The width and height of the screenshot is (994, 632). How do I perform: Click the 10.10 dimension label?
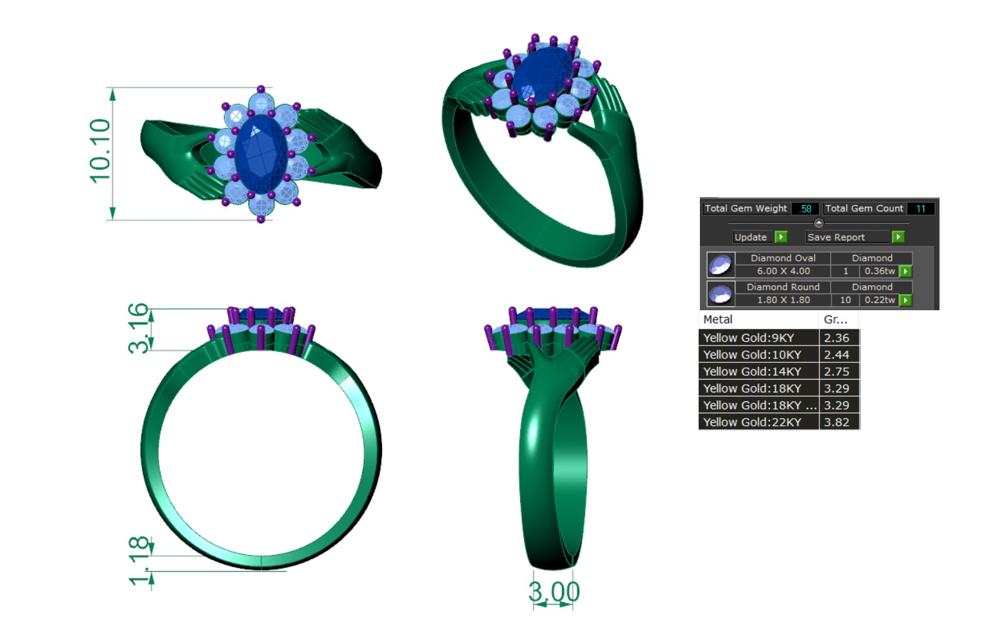(100, 152)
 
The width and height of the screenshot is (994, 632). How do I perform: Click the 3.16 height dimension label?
(139, 328)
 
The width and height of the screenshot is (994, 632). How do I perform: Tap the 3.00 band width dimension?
(554, 592)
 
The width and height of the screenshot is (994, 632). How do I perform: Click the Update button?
(751, 237)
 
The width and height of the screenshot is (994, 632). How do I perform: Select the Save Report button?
(836, 237)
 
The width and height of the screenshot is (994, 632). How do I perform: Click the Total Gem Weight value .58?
(805, 209)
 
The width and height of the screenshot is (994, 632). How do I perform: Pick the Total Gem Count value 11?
(920, 209)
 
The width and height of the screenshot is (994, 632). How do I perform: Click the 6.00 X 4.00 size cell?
(783, 271)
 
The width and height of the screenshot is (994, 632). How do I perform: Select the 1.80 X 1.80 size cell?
(783, 300)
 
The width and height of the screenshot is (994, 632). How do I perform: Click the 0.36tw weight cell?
(879, 271)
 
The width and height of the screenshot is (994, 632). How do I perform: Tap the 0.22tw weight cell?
(879, 300)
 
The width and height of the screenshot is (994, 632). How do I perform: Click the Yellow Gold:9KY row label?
(749, 338)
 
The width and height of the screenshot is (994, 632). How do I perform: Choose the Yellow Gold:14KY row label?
(752, 371)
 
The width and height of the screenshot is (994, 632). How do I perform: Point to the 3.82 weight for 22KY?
(837, 422)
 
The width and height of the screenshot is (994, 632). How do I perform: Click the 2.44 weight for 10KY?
(837, 355)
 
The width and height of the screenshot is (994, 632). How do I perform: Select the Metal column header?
(718, 319)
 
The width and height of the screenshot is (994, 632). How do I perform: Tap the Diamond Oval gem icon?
(720, 265)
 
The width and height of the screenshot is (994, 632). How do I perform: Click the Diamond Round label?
(783, 287)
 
